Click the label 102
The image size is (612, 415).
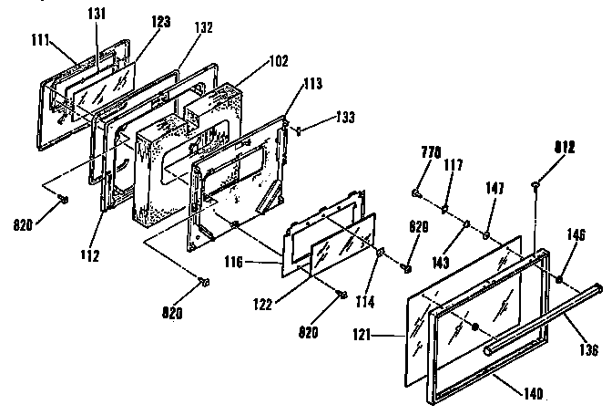[x=279, y=61]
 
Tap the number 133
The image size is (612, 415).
[x=344, y=118]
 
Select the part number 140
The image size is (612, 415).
[x=533, y=394]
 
